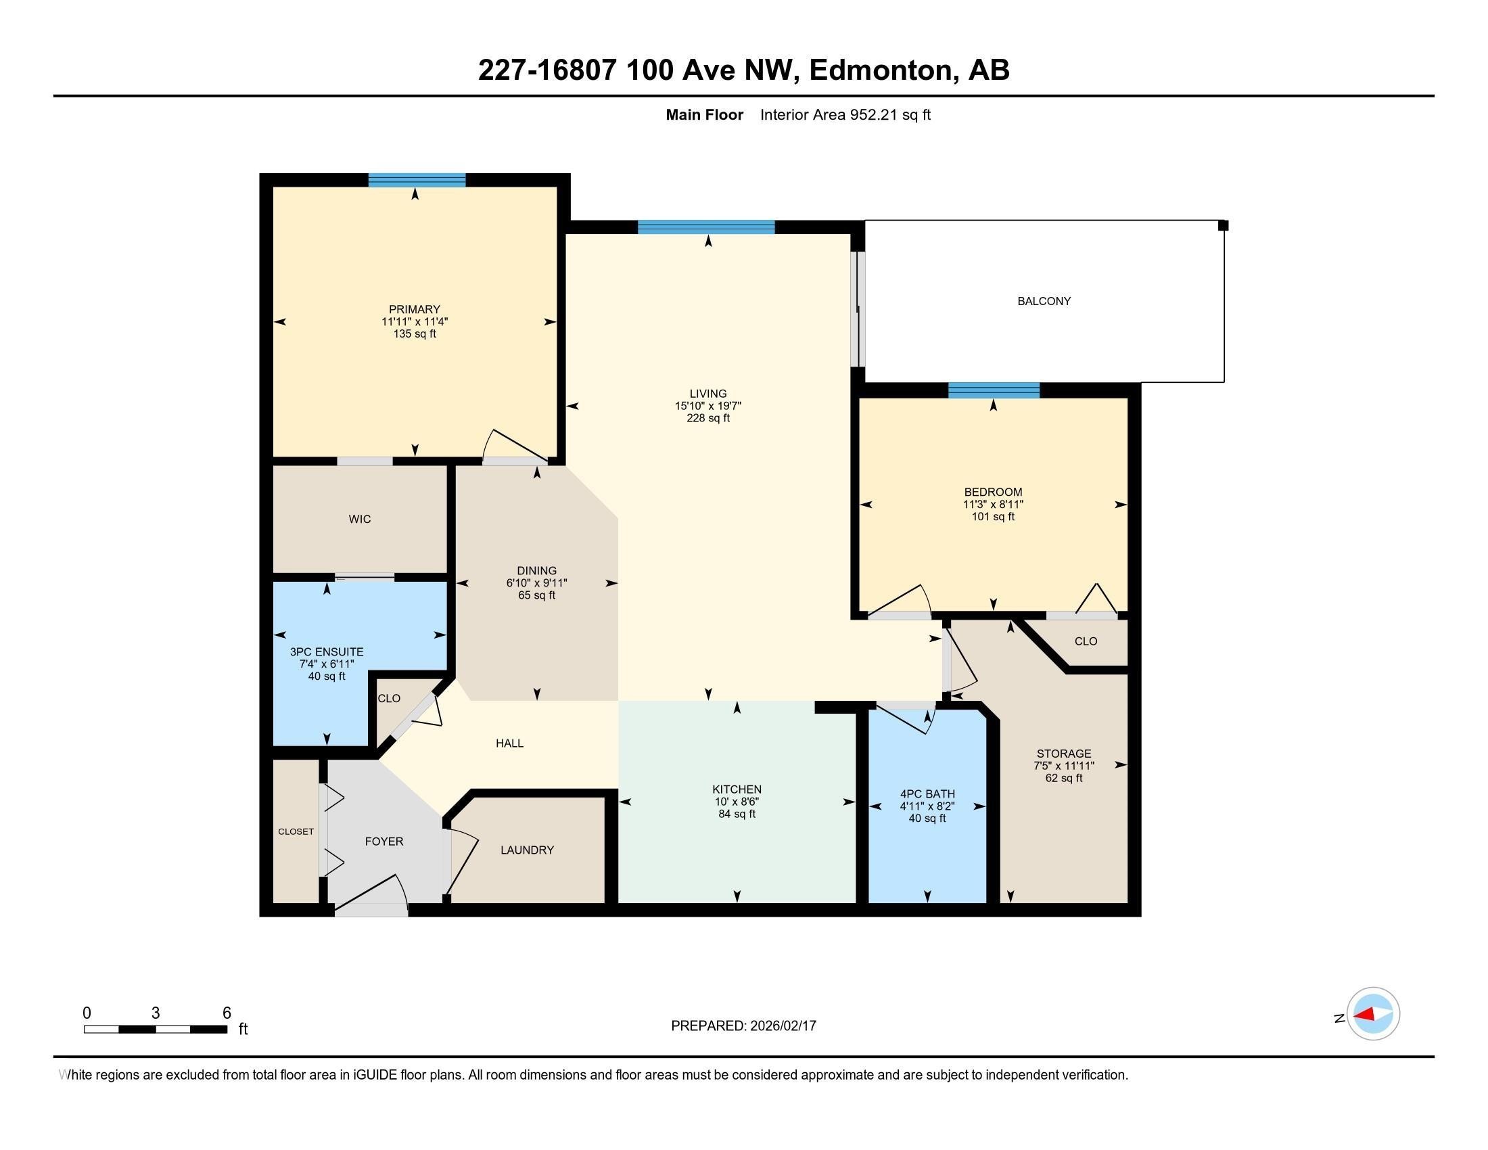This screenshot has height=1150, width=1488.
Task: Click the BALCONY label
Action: [1044, 301]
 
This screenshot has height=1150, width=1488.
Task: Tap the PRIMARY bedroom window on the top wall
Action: [417, 181]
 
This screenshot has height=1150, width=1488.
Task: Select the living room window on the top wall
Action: [706, 227]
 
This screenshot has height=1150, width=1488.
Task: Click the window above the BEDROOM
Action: [994, 390]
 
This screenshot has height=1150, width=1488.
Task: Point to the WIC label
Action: [360, 519]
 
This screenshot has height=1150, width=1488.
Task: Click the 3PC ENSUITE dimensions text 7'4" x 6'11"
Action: [327, 664]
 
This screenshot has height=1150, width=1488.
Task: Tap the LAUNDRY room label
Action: [527, 850]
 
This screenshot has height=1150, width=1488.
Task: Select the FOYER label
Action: [384, 842]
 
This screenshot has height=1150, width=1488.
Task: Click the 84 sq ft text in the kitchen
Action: [737, 814]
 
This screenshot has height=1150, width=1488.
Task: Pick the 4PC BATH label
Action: [927, 793]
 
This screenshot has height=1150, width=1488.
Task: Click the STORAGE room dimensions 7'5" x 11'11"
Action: [1063, 766]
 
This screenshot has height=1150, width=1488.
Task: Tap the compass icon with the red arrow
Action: [1372, 1015]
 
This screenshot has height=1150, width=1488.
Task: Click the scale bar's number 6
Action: [227, 1013]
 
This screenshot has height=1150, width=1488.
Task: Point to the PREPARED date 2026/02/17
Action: [782, 1026]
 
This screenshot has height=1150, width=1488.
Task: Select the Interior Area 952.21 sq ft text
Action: [845, 115]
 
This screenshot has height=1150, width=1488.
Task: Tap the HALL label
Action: [509, 743]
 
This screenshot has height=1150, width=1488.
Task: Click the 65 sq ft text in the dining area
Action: [536, 595]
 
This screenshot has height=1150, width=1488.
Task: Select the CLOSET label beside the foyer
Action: [296, 832]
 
